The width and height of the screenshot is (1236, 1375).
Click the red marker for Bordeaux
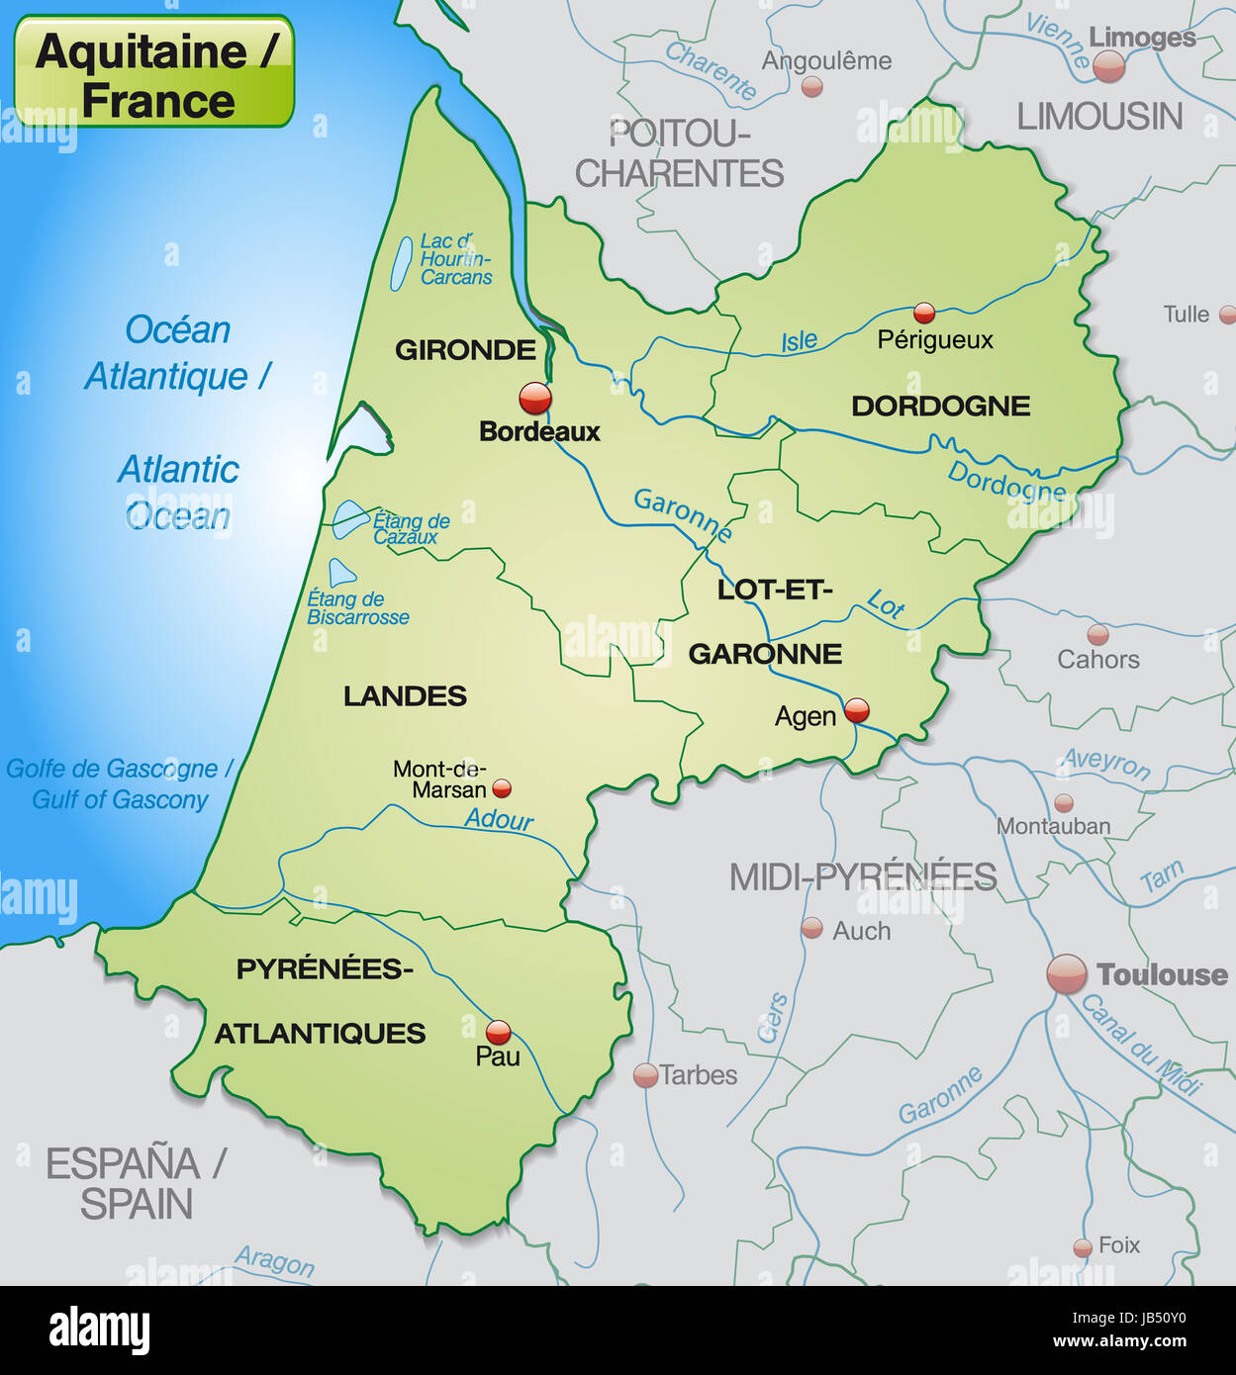(x=535, y=398)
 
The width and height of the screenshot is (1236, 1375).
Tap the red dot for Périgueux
(x=924, y=314)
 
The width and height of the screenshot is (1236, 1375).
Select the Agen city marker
(x=857, y=709)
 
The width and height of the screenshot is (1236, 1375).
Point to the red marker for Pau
(x=499, y=1032)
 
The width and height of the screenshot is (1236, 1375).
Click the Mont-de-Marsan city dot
(x=502, y=788)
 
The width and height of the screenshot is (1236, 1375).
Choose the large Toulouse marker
(x=1067, y=974)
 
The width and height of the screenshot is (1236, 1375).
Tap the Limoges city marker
(x=1108, y=66)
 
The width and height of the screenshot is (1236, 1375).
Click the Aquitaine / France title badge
(x=154, y=72)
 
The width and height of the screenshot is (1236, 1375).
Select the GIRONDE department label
(x=465, y=350)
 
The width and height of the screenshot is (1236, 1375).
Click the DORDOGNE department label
(x=940, y=406)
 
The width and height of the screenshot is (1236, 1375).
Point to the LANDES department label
(x=405, y=696)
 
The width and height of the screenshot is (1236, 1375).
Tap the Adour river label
(x=499, y=819)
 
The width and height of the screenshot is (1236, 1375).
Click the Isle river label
(x=799, y=341)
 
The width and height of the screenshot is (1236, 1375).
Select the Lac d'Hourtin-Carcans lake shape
(x=401, y=264)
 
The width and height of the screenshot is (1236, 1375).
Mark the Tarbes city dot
(x=645, y=1075)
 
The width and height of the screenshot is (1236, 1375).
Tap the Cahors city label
(x=1097, y=659)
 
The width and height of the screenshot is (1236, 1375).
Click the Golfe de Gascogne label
(x=119, y=770)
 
